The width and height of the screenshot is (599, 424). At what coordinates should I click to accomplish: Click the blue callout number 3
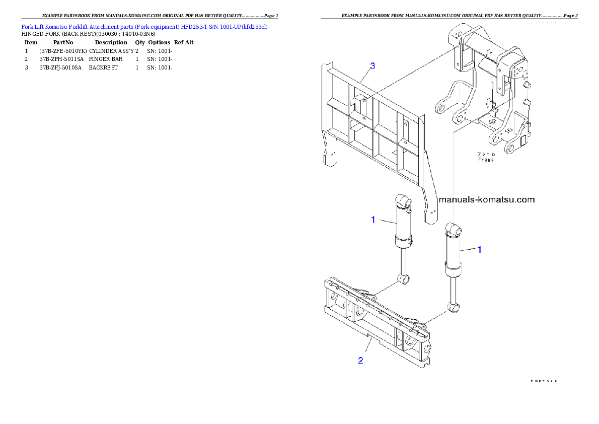[372, 66]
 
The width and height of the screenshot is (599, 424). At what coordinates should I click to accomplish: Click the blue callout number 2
[360, 360]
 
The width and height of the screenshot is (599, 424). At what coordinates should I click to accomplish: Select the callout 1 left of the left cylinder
[373, 219]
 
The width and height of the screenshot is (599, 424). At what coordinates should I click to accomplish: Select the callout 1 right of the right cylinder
[480, 249]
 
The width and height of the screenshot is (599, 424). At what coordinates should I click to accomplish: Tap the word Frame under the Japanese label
[486, 160]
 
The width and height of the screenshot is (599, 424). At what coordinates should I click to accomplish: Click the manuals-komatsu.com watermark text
[487, 199]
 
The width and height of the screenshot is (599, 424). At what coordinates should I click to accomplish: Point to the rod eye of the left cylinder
[404, 277]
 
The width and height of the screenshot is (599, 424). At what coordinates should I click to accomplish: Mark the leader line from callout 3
[364, 76]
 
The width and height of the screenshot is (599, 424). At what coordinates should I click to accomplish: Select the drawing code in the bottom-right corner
[543, 382]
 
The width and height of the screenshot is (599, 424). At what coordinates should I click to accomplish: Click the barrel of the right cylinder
[453, 252]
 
